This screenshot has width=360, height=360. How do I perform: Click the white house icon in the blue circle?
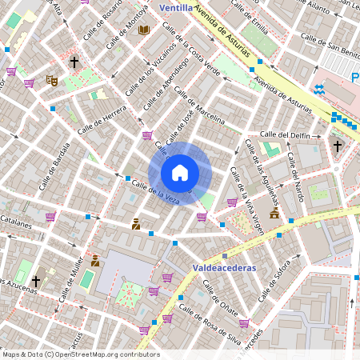point(180,173)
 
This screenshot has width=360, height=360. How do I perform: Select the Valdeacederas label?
point(224,268)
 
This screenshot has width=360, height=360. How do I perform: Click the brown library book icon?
point(144,30)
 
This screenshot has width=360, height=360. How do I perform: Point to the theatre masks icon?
point(52,80)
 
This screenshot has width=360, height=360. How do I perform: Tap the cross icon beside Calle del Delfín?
point(338,146)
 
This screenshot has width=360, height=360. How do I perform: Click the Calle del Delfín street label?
point(285,135)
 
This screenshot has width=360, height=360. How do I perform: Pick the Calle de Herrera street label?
point(102,119)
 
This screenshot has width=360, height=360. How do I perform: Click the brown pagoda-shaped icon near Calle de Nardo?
point(274,214)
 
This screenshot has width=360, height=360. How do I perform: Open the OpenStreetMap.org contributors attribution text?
point(80,354)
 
